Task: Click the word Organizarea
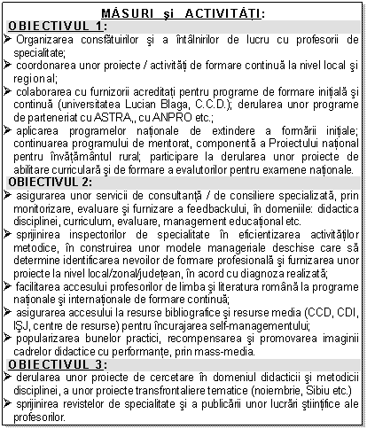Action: pyautogui.click(x=49, y=40)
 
